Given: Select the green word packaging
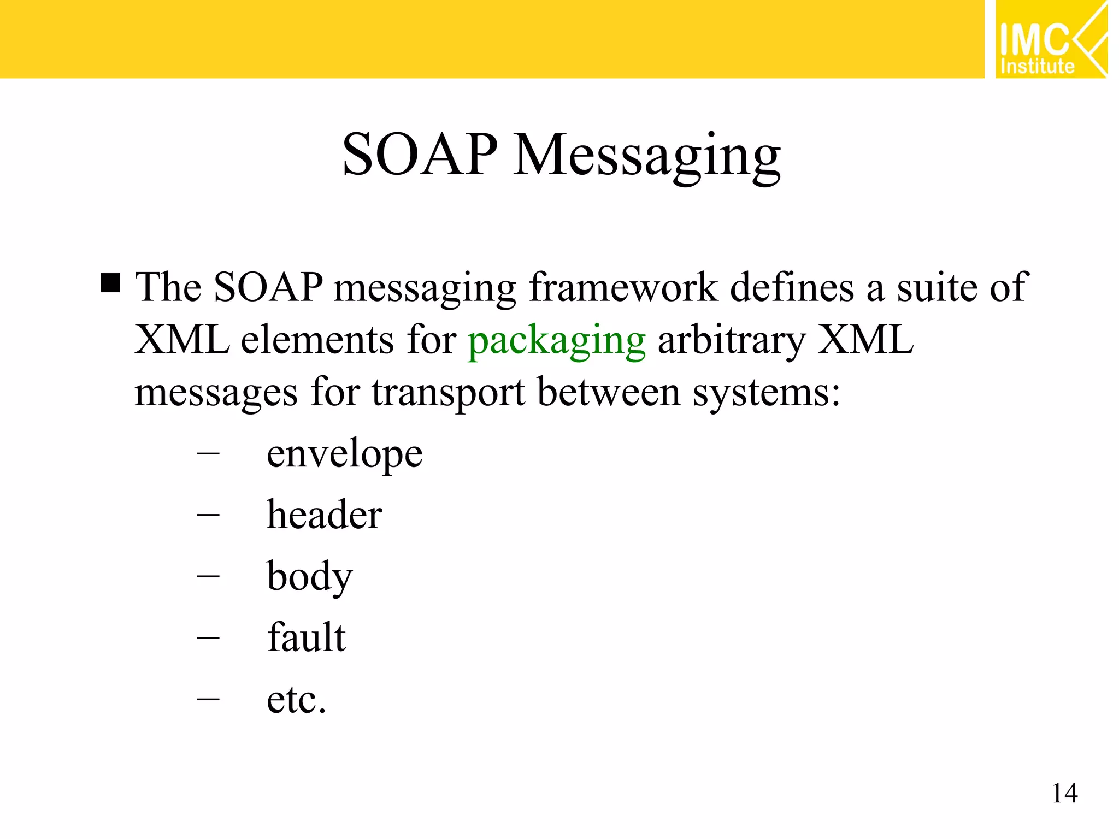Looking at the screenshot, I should point(557,342).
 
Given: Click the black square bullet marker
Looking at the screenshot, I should point(110,283).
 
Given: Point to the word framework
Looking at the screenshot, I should point(623,287).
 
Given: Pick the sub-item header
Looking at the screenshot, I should point(324,515).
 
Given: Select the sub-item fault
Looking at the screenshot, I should point(306,638).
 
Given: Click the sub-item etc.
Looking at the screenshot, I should point(296,700).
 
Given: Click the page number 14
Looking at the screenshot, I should point(1064,794).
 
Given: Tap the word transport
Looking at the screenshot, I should point(448,393).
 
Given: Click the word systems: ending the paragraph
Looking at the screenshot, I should point(766,393).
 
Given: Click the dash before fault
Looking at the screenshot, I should point(208,637).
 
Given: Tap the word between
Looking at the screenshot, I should point(609,392).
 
